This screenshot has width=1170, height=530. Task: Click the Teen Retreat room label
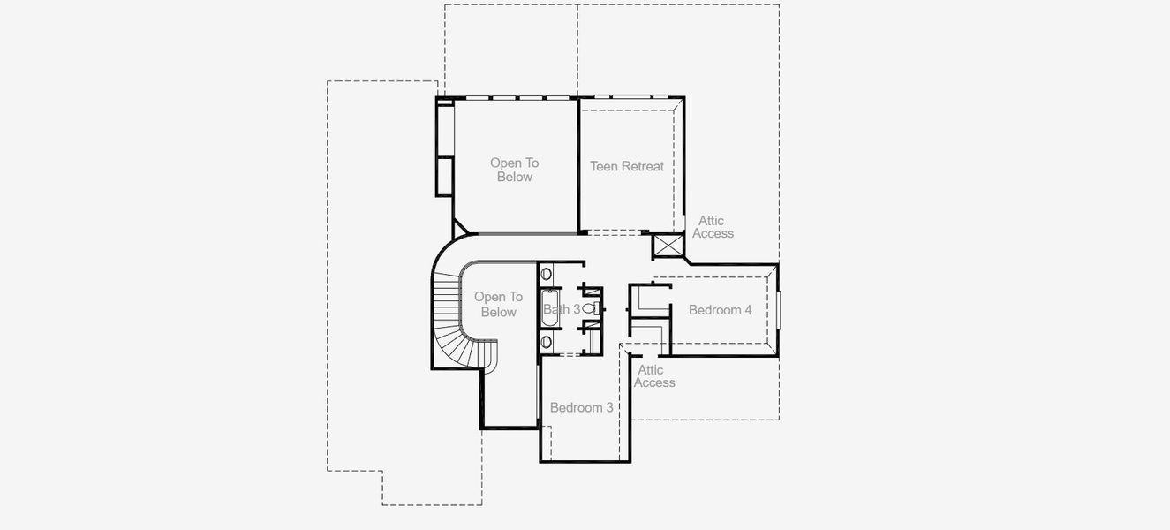coord(627,166)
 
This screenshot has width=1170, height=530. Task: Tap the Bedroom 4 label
coord(721,310)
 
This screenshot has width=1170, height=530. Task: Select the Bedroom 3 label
coord(581,407)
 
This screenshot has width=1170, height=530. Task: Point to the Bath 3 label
coord(562,309)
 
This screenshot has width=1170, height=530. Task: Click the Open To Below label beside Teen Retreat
coord(514,170)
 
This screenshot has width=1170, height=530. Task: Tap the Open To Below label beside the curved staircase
coord(498,304)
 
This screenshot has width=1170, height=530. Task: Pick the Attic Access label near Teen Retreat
coord(713,227)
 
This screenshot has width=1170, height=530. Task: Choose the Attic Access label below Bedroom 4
coord(654,376)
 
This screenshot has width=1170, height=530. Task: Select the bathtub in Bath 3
coord(548,309)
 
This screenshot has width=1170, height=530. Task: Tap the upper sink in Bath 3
coord(546,274)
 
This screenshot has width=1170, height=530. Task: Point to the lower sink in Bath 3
coord(546,341)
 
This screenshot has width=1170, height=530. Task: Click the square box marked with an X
coord(668,246)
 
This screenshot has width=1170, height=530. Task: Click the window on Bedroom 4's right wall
coord(779,309)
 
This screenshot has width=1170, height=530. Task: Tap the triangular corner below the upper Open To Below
coord(460,228)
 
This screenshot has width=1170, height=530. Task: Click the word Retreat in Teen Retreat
coord(643,166)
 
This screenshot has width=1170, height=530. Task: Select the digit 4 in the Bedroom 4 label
coord(748,310)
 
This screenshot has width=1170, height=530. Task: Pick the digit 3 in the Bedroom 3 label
coord(609,407)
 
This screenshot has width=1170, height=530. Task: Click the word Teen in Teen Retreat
coord(604,166)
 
